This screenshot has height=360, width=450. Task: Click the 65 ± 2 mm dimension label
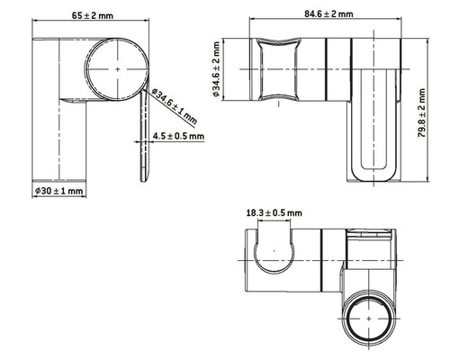point(92,14)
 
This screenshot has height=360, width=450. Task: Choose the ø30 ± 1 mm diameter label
point(58,191)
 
